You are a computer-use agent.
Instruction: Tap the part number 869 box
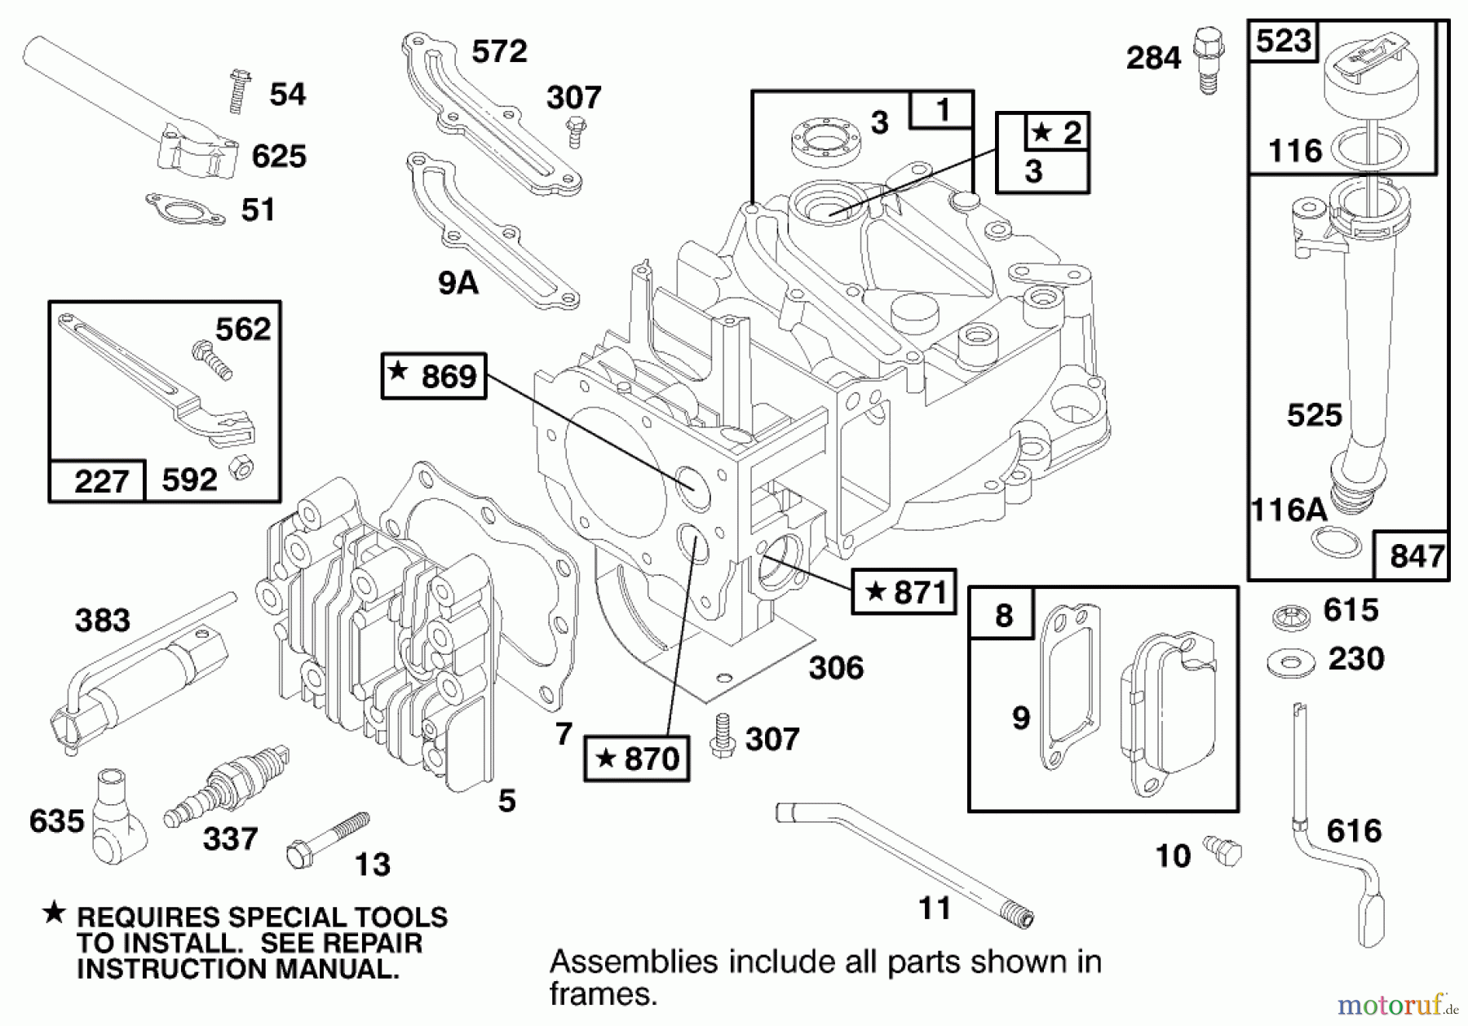tap(434, 376)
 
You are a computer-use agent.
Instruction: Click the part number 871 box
tap(904, 591)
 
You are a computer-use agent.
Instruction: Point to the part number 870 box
tap(637, 758)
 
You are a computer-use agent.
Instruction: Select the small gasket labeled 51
tap(185, 210)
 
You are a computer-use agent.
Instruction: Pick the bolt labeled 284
tap(1208, 60)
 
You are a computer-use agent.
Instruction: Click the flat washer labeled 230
tap(1291, 662)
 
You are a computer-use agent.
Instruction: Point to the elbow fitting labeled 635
tap(117, 816)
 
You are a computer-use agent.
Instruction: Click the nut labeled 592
tap(241, 468)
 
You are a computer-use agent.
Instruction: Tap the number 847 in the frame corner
tap(1417, 556)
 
